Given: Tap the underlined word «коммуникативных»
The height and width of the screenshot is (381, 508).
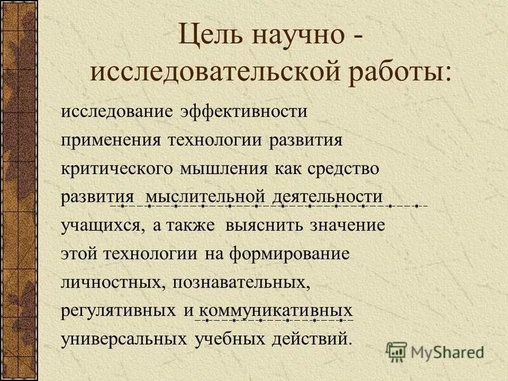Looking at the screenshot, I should tap(276, 312).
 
